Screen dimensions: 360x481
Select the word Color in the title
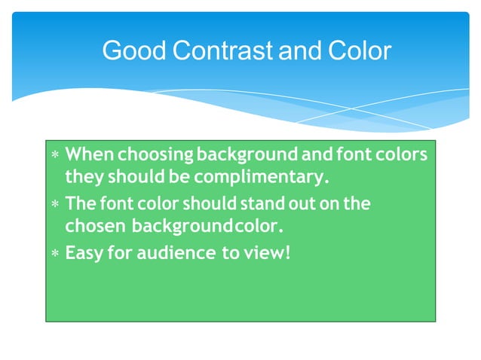point(360,51)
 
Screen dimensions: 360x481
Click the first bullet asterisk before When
point(54,155)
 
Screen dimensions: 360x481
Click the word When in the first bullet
point(89,154)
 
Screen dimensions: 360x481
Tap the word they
point(83,178)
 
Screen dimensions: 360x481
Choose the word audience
point(179,253)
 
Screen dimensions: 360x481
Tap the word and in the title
point(301,51)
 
